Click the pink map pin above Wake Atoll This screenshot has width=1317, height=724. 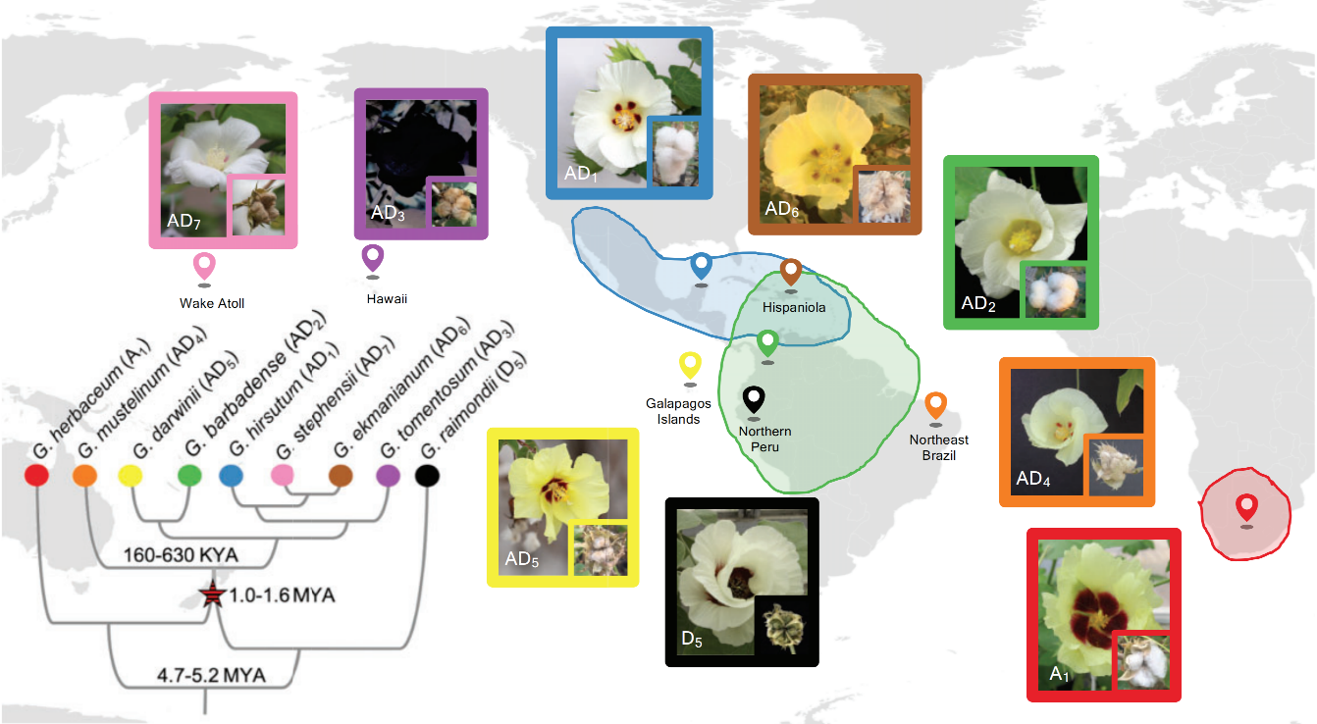click(x=204, y=265)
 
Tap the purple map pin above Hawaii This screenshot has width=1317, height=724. click(x=373, y=257)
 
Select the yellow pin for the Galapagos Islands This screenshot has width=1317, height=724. click(x=691, y=365)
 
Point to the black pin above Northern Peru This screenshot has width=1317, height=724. click(x=754, y=399)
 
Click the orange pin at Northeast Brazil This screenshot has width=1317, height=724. click(x=935, y=404)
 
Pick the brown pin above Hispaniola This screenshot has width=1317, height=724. click(x=791, y=271)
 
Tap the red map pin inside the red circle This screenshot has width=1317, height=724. click(x=1245, y=507)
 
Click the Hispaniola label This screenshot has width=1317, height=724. click(x=794, y=308)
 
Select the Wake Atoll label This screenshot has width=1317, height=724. click(x=212, y=303)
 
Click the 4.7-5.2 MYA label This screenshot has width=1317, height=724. click(x=212, y=675)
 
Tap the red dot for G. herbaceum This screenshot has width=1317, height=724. click(x=36, y=477)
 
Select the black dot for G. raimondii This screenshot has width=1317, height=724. click(x=426, y=477)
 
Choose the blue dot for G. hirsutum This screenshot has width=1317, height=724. click(x=231, y=477)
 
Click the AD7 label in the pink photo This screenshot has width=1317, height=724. click(x=184, y=221)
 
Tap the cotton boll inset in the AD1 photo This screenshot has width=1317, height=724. click(x=675, y=152)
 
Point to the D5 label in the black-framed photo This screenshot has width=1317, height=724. click(x=692, y=640)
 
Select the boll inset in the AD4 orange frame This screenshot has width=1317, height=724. click(x=1115, y=466)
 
